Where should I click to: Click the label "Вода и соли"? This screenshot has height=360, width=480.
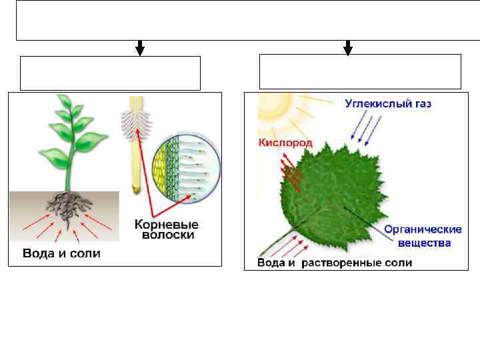tap(61, 254)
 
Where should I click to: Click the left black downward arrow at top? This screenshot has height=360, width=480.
tap(140, 48)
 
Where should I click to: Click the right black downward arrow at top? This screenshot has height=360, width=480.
tap(347, 47)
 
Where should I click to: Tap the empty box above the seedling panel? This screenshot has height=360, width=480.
tap(110, 73)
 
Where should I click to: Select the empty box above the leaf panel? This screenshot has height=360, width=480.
tap(360, 72)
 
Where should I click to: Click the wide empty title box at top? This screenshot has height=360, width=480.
tap(240, 21)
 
